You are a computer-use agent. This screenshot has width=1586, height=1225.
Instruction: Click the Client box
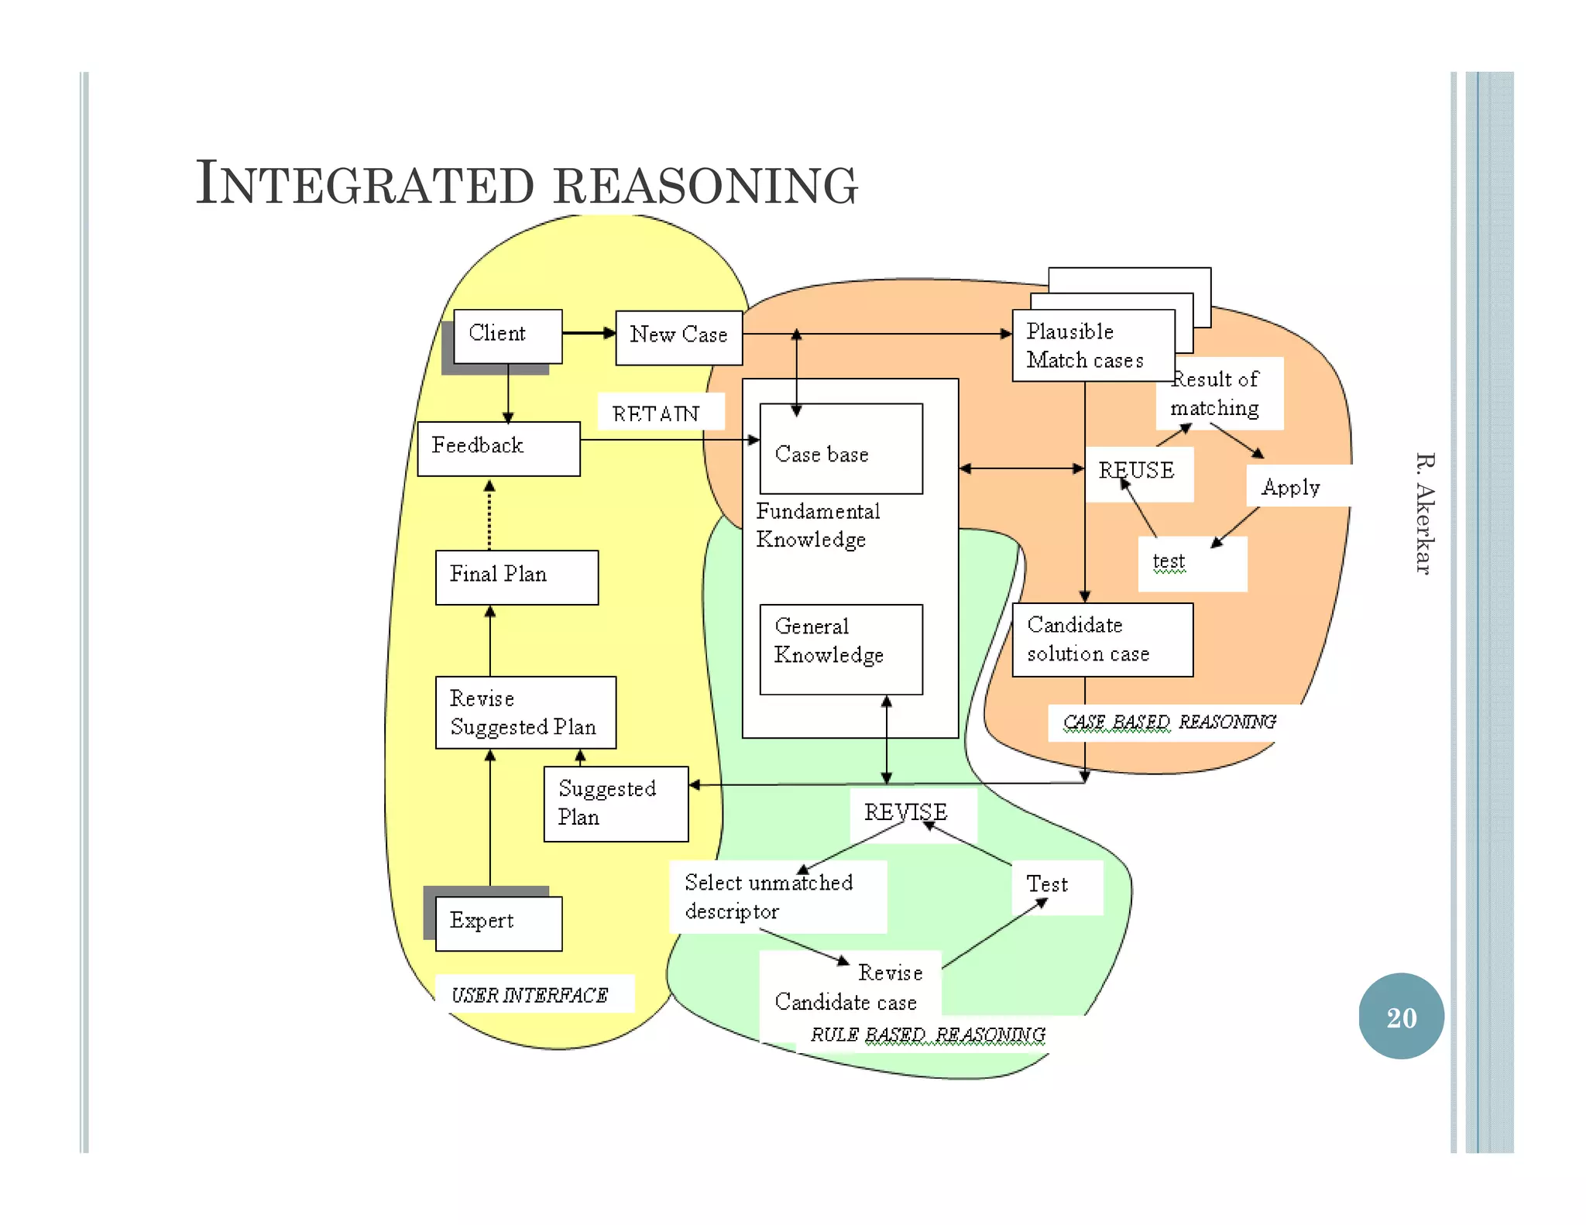[507, 335]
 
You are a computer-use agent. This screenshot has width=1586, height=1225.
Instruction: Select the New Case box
[678, 337]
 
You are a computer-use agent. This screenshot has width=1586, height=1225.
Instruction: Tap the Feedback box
[498, 448]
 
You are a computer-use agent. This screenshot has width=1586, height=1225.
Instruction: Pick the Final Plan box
[517, 577]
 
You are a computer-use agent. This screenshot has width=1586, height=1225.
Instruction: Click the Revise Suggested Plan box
[525, 712]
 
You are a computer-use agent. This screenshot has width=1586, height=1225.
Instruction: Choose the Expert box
[498, 923]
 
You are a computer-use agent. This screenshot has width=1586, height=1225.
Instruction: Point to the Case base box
[840, 449]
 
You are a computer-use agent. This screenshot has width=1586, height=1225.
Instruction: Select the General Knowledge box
[840, 649]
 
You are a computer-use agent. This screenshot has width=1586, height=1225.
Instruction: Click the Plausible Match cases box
[1092, 345]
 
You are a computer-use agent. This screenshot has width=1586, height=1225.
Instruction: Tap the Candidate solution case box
[1101, 640]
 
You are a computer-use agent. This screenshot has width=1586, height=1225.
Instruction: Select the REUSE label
[1137, 471]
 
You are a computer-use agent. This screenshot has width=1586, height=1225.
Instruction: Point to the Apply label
[1291, 487]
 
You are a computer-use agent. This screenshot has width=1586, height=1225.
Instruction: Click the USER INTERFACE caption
[530, 995]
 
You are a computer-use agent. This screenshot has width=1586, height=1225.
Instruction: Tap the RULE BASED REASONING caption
[928, 1035]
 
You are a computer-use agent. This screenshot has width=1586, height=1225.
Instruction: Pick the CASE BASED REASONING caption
[1169, 722]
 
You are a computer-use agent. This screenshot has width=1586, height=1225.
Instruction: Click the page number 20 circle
[1401, 1017]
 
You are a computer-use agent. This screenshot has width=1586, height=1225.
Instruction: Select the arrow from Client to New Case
[589, 334]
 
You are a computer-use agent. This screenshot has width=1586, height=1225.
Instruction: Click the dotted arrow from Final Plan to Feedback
[489, 515]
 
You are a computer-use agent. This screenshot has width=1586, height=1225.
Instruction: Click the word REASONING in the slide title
[706, 186]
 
